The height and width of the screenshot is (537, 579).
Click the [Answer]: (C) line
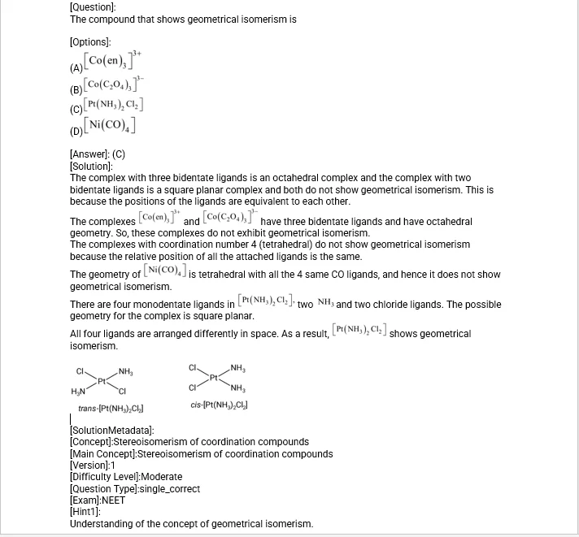(x=98, y=154)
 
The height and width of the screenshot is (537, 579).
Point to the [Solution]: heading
(x=91, y=166)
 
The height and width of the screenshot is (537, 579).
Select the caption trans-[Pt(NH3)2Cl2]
(x=111, y=408)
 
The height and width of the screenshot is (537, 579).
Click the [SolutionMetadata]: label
(x=112, y=430)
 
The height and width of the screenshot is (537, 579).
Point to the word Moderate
(x=162, y=477)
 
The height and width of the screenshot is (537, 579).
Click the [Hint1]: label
(x=85, y=513)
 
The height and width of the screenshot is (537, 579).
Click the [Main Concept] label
(x=102, y=453)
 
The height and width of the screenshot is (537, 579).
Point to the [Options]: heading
(x=90, y=41)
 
